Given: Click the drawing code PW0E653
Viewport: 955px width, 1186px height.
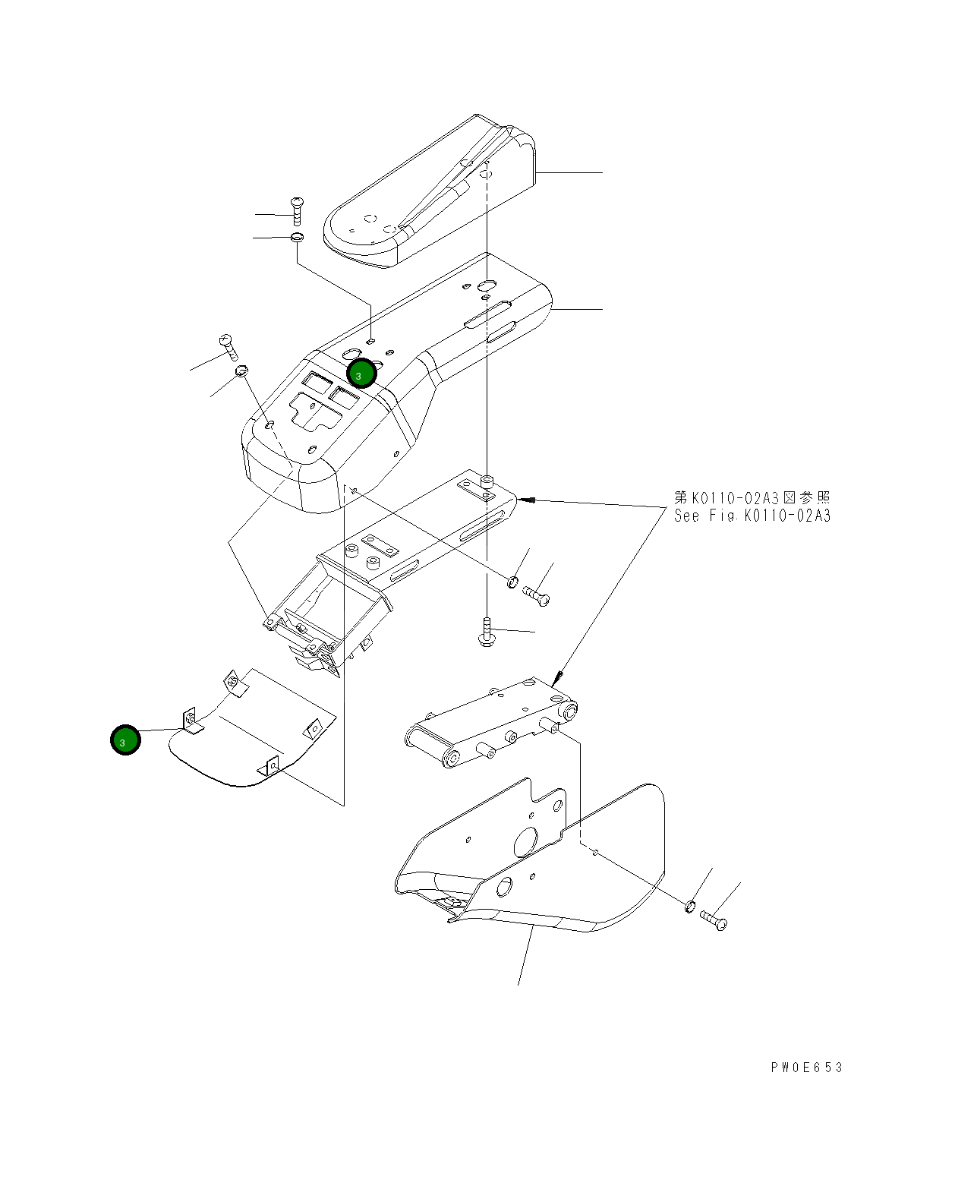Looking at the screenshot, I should click(806, 1068).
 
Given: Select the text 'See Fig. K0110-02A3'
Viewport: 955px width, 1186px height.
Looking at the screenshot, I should click(752, 516).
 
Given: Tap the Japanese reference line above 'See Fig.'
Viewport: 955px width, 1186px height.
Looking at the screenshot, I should click(752, 498).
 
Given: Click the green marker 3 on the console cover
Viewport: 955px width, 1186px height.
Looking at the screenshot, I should click(361, 373).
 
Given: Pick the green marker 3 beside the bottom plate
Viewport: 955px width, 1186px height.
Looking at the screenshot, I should click(125, 740).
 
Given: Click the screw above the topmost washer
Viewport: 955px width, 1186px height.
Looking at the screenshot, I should click(297, 210).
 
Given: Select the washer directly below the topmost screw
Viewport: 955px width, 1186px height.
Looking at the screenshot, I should click(297, 238).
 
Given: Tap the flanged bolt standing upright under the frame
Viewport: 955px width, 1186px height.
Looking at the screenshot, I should click(486, 632).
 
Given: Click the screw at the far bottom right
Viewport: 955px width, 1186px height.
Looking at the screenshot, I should click(714, 919).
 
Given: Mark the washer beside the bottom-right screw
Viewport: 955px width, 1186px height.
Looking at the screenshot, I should click(690, 906).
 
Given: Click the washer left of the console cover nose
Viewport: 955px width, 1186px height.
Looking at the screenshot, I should click(241, 371).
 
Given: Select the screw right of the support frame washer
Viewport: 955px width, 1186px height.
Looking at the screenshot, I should click(536, 595).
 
